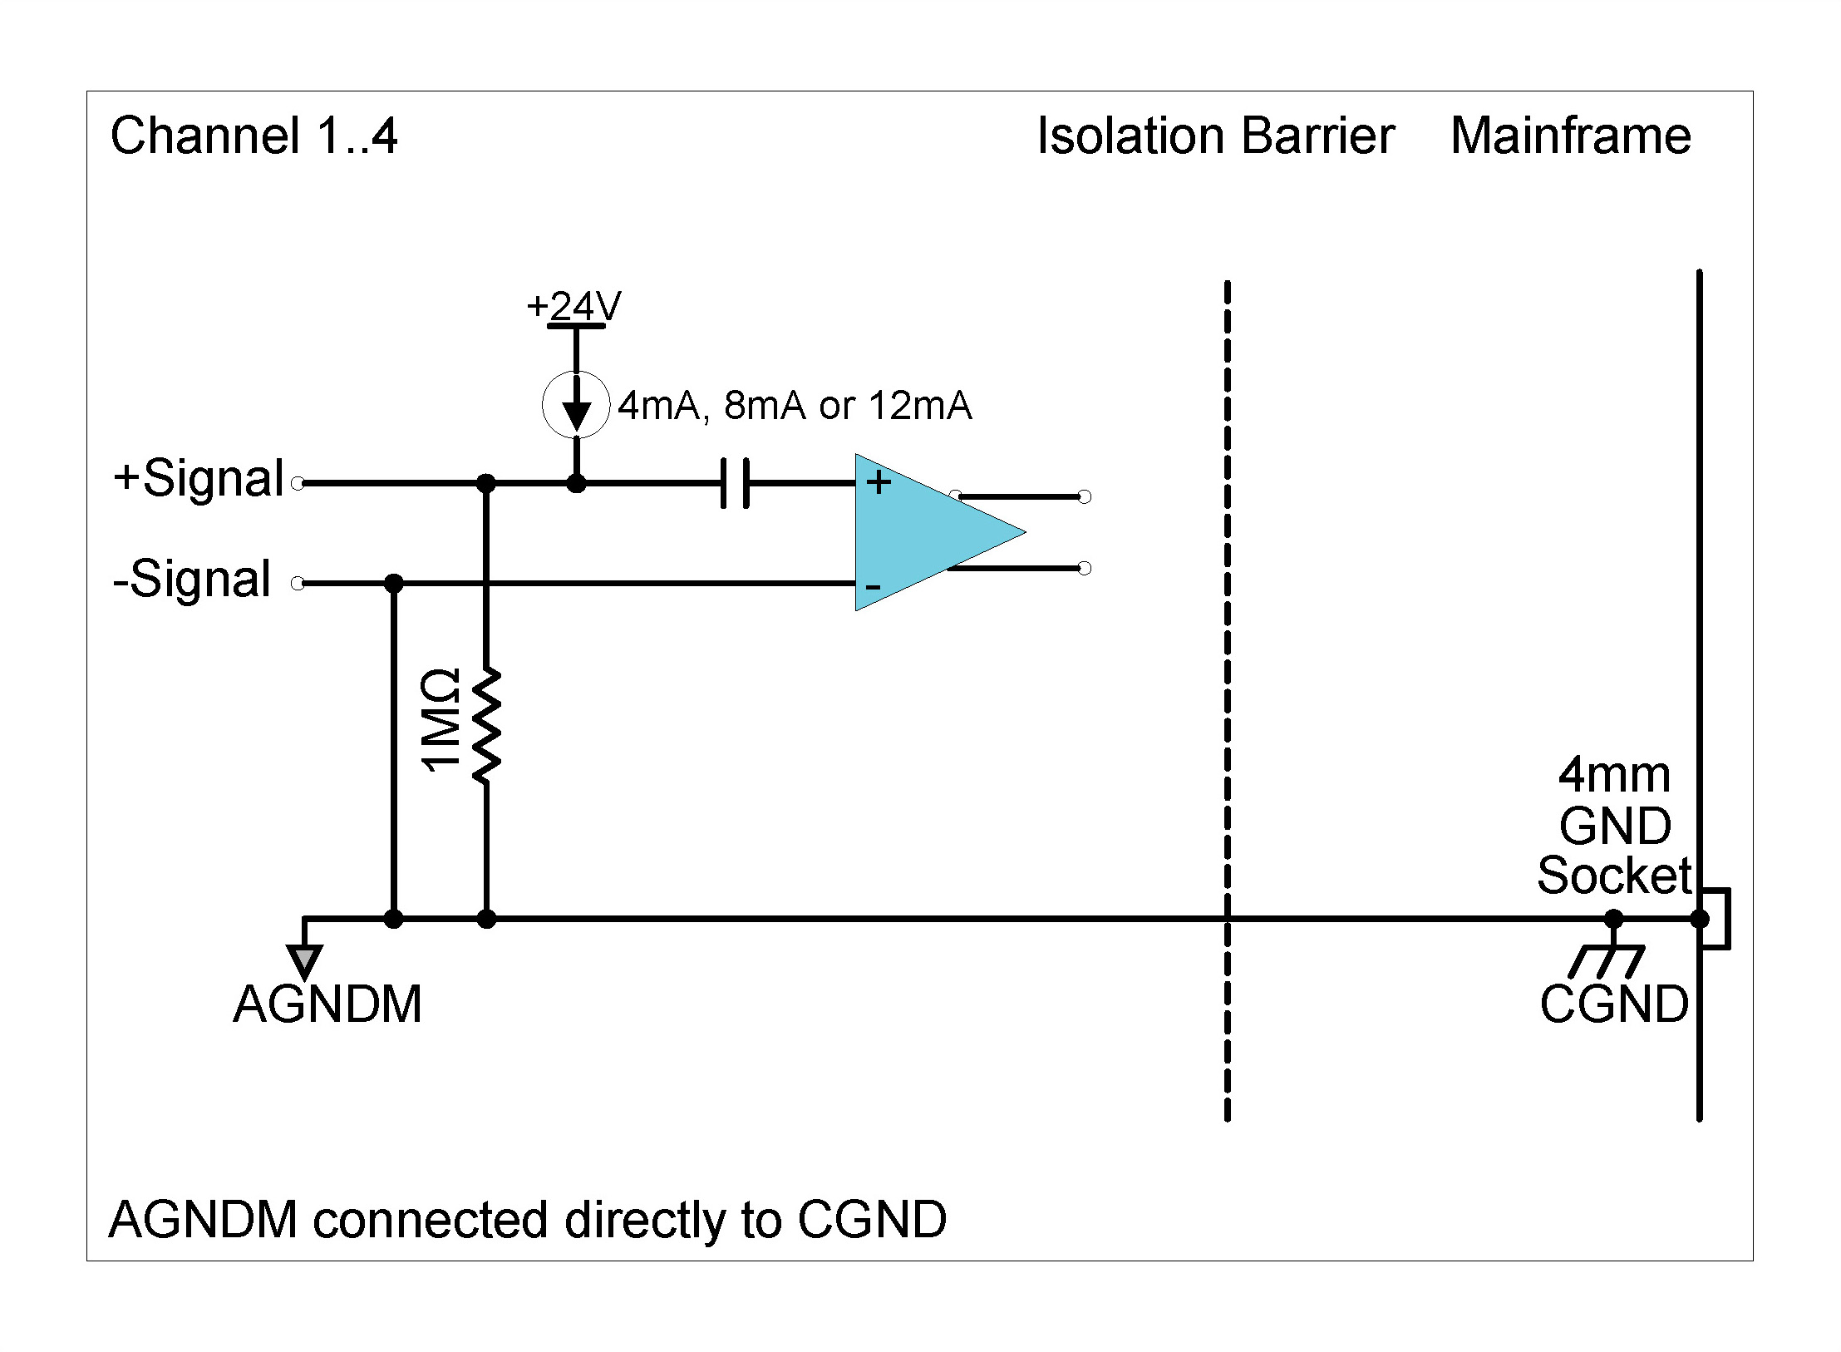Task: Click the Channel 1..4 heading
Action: pyautogui.click(x=254, y=136)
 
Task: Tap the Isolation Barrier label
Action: pyautogui.click(x=1215, y=136)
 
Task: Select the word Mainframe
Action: pyautogui.click(x=1570, y=136)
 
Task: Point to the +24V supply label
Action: pyautogui.click(x=573, y=307)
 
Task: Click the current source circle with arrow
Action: pyautogui.click(x=576, y=405)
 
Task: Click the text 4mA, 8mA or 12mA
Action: pyautogui.click(x=795, y=406)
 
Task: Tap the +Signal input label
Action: pyautogui.click(x=199, y=479)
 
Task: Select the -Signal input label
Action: pyautogui.click(x=192, y=580)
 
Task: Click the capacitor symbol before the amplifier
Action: pyautogui.click(x=735, y=483)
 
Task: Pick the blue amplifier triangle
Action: pyautogui.click(x=923, y=532)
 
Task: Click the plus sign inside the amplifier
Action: pyautogui.click(x=879, y=482)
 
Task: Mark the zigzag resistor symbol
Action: pyautogui.click(x=486, y=726)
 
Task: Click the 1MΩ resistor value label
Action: pyautogui.click(x=441, y=721)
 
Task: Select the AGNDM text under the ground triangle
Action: pyautogui.click(x=327, y=1004)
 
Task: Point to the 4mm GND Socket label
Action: pyautogui.click(x=1614, y=826)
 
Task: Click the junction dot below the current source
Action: pyautogui.click(x=576, y=483)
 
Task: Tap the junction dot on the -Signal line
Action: pyautogui.click(x=394, y=583)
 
